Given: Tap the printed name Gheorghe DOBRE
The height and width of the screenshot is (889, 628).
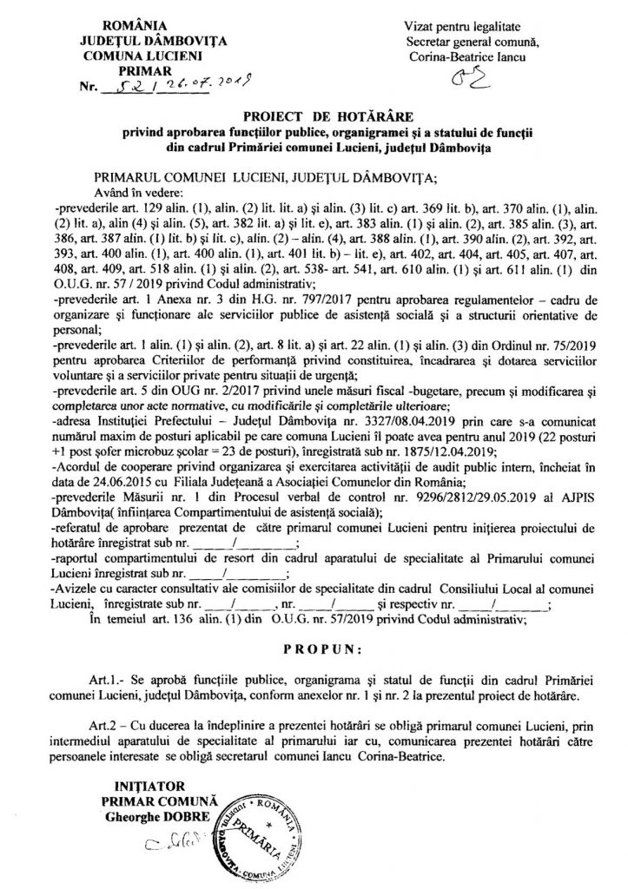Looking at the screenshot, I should click(x=155, y=819).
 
